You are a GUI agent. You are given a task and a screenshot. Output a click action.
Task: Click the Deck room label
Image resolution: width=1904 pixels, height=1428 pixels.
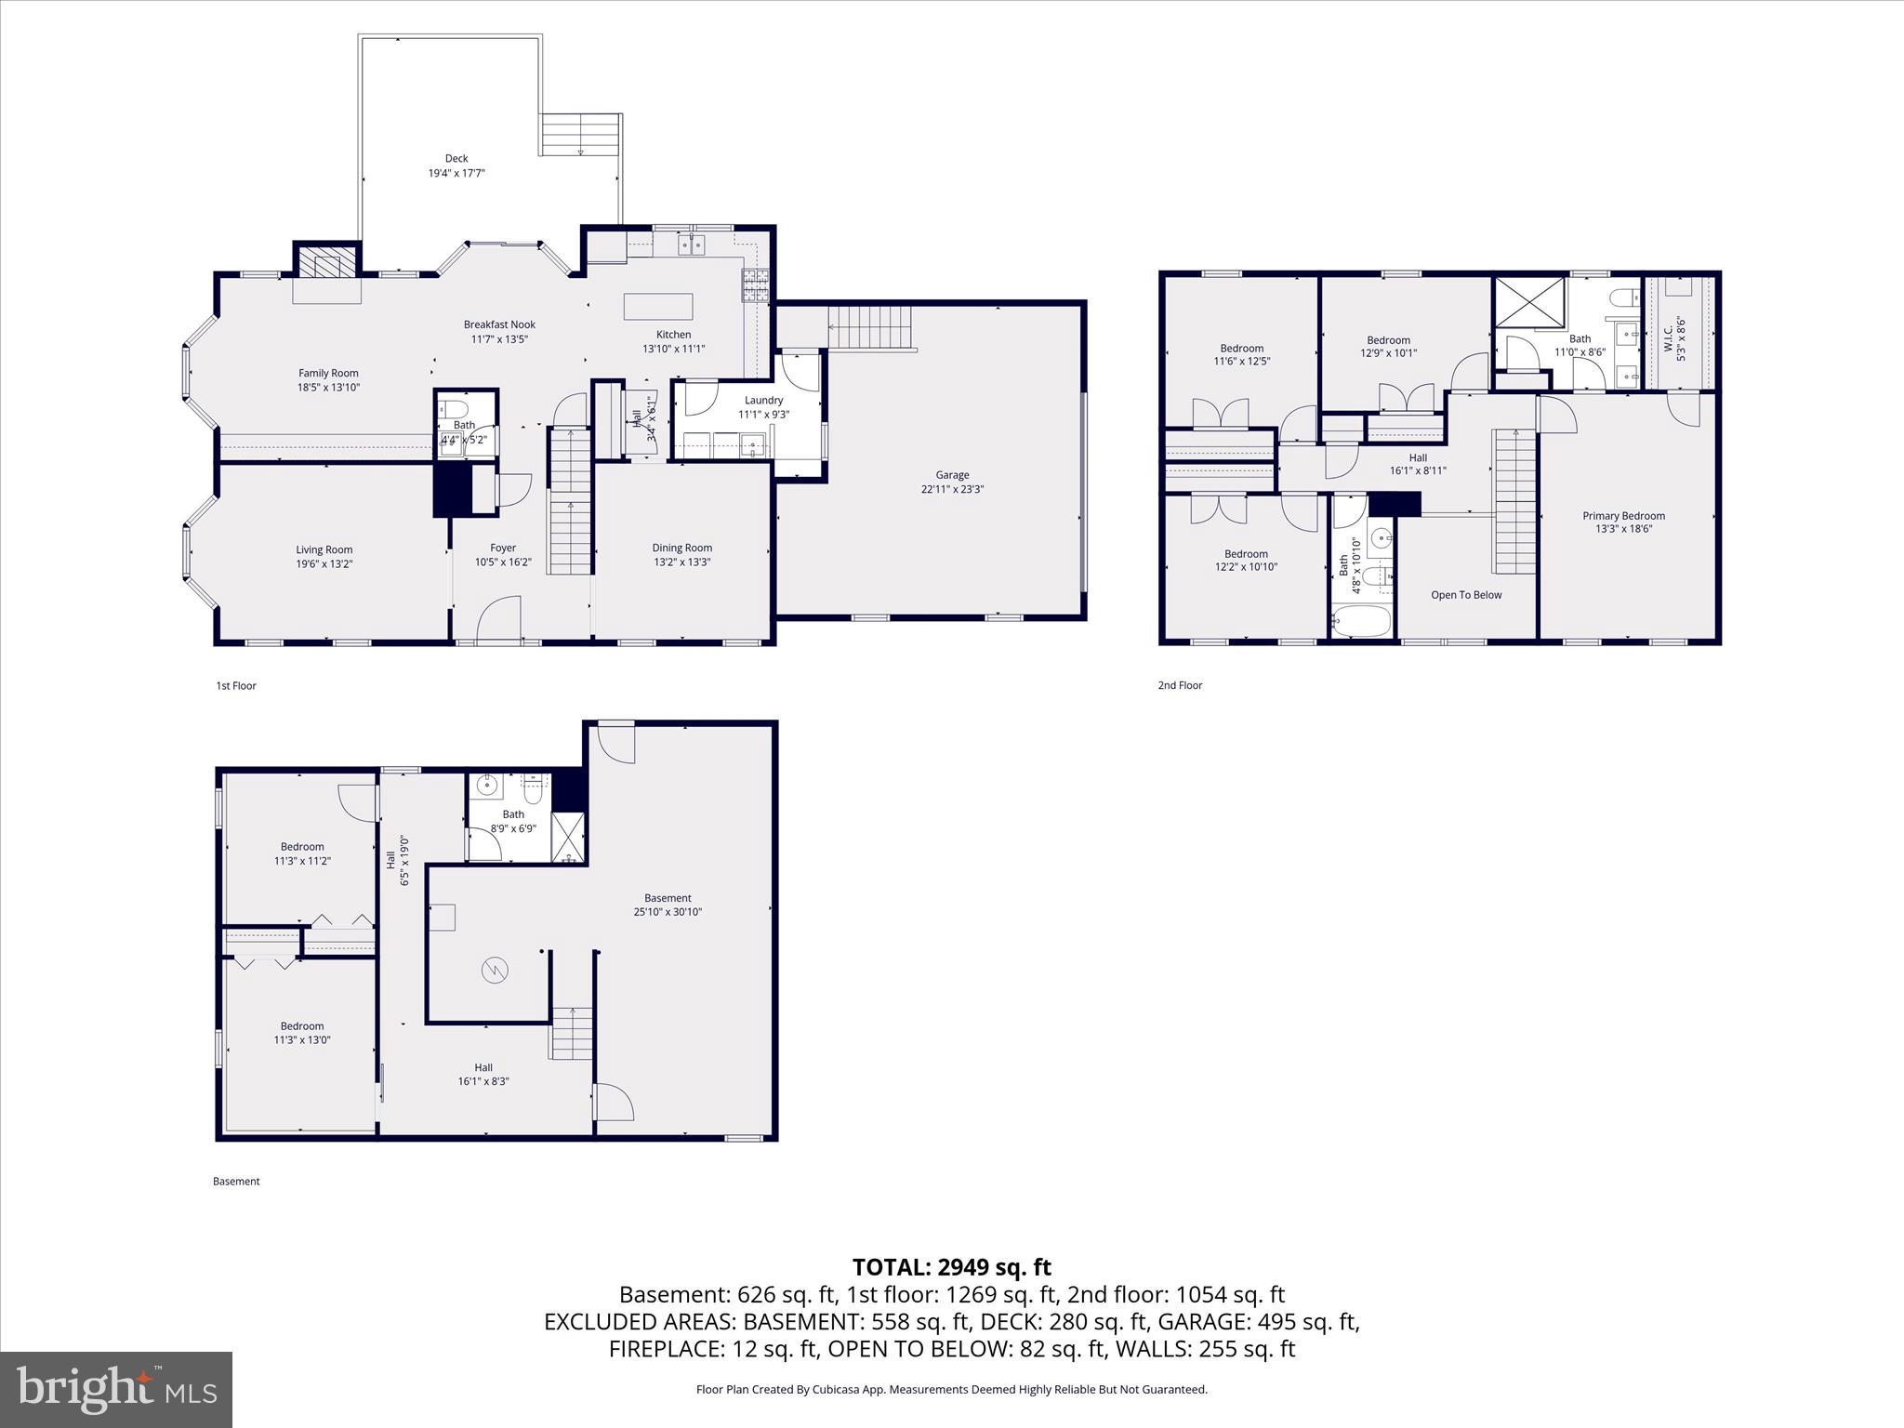tap(456, 159)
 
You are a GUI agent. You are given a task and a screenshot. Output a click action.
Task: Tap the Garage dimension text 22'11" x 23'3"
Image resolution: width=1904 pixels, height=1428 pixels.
tap(952, 489)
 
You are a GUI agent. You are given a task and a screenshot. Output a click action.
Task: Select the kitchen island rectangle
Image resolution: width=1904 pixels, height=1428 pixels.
tap(658, 307)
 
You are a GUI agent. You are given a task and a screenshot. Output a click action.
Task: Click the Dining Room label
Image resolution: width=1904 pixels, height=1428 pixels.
tap(681, 548)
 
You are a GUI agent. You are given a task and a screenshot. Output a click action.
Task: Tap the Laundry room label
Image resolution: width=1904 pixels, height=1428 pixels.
tap(763, 400)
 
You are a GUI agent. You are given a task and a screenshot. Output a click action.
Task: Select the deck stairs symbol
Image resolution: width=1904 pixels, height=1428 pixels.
tap(581, 135)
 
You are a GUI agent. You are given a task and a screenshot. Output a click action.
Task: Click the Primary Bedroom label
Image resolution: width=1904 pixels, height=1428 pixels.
tap(1623, 516)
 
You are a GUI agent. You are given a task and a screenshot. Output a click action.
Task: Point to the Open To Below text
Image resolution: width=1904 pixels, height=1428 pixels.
tap(1466, 595)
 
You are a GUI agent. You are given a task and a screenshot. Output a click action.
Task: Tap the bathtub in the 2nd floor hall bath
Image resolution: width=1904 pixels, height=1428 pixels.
tap(1362, 621)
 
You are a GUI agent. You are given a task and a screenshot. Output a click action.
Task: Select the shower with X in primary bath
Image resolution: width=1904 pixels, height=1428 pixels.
tap(1529, 301)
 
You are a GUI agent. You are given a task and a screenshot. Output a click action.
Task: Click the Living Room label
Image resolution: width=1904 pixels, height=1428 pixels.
tap(324, 549)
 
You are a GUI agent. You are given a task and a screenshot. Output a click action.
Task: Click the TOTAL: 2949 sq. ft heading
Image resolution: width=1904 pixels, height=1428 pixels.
tap(951, 1266)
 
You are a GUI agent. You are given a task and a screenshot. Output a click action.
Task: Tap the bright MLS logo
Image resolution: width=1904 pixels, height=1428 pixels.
tap(116, 1389)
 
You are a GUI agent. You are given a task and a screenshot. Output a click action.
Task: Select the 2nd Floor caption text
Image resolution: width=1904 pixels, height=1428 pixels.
tap(1180, 685)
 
